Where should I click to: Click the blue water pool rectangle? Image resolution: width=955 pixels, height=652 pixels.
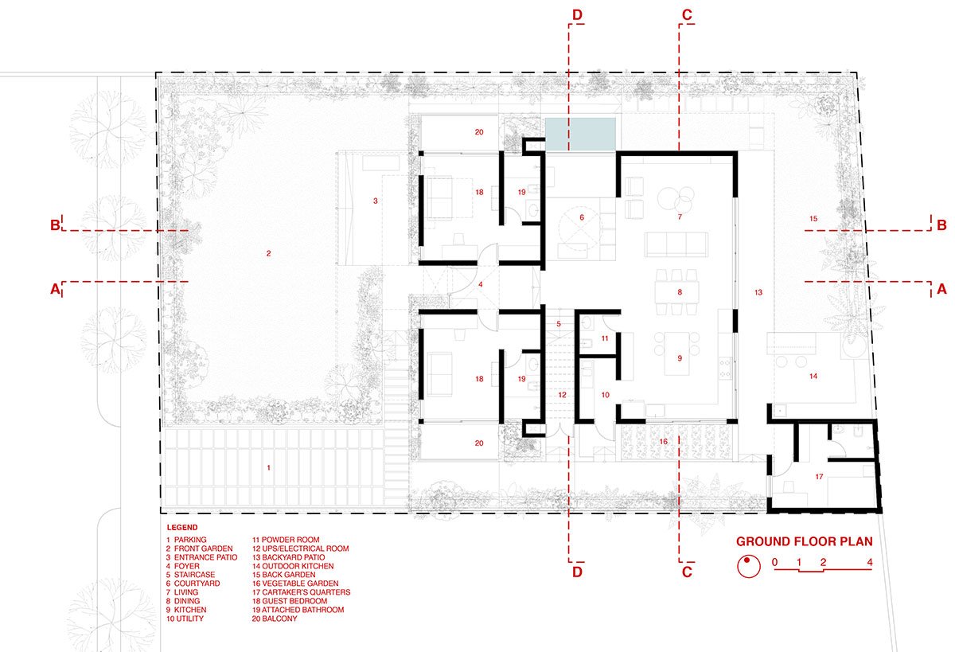pos(580,135)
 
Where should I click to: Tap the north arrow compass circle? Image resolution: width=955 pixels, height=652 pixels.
pos(749,566)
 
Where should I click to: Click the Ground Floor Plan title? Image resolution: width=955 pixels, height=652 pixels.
pos(804,541)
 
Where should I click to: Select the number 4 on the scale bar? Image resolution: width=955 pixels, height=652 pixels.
pos(870,562)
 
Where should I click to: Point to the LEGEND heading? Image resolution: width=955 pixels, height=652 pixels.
pos(182,528)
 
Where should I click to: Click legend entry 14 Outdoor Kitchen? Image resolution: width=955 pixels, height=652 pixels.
pos(293,566)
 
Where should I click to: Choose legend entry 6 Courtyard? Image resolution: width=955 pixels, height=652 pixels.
pos(193,584)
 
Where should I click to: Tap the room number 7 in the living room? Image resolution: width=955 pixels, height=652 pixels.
pos(680,217)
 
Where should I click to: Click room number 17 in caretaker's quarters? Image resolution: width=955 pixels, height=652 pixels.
pos(819,477)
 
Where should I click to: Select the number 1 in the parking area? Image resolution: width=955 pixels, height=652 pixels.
pos(269,468)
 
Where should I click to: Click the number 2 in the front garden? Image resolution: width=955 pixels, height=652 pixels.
pos(269,253)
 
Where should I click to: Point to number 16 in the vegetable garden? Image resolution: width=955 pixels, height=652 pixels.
pos(664,441)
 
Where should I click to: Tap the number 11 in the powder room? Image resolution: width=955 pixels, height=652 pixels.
pos(605,338)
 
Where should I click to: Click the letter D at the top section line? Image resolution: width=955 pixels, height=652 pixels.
pos(577,15)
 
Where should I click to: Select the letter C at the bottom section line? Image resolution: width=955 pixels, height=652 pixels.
pos(687,572)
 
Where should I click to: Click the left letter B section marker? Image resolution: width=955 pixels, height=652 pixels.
pos(55,224)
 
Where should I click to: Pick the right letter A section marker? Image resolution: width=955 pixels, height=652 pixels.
pos(941,290)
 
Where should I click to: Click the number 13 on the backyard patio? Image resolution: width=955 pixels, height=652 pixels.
pos(758,292)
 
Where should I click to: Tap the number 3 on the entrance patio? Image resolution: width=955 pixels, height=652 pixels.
pos(375,201)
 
